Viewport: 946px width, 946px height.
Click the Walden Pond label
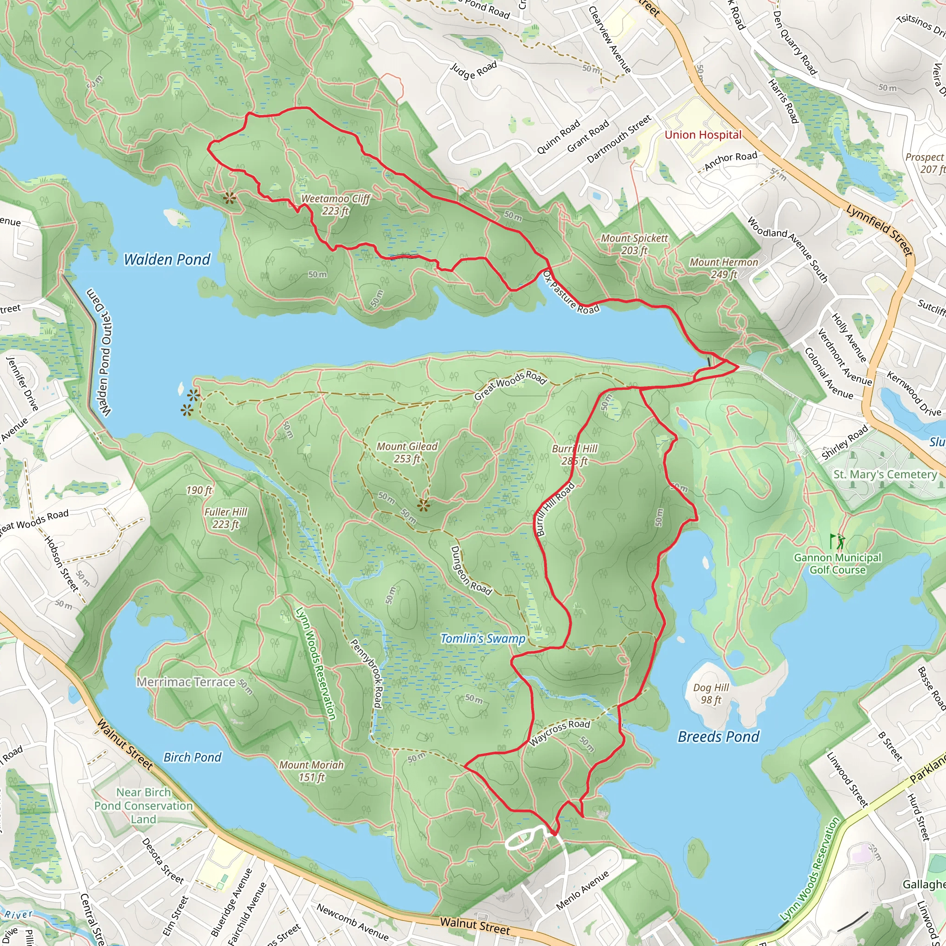(167, 260)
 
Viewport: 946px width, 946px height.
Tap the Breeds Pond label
(718, 736)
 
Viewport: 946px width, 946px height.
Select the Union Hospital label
(703, 135)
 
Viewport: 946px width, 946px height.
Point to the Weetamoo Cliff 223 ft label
(335, 205)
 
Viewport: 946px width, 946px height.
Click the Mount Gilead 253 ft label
(406, 452)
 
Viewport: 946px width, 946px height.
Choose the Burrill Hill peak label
(574, 455)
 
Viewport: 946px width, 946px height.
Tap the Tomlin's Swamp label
(483, 638)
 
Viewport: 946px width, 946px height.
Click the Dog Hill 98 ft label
(711, 694)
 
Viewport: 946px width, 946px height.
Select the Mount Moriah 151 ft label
(311, 771)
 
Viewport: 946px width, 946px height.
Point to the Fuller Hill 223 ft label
(225, 518)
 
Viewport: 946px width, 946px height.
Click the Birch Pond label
(193, 758)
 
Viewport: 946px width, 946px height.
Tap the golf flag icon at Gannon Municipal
(837, 541)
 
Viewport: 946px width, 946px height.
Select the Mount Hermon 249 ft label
(724, 268)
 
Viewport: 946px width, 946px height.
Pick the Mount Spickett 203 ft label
(634, 244)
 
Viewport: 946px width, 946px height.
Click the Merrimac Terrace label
(186, 682)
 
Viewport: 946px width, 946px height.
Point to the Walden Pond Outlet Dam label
(99, 352)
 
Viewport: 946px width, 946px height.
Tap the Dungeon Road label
(471, 570)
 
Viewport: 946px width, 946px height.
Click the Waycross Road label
(560, 733)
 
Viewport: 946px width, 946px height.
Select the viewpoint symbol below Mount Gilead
(424, 506)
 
